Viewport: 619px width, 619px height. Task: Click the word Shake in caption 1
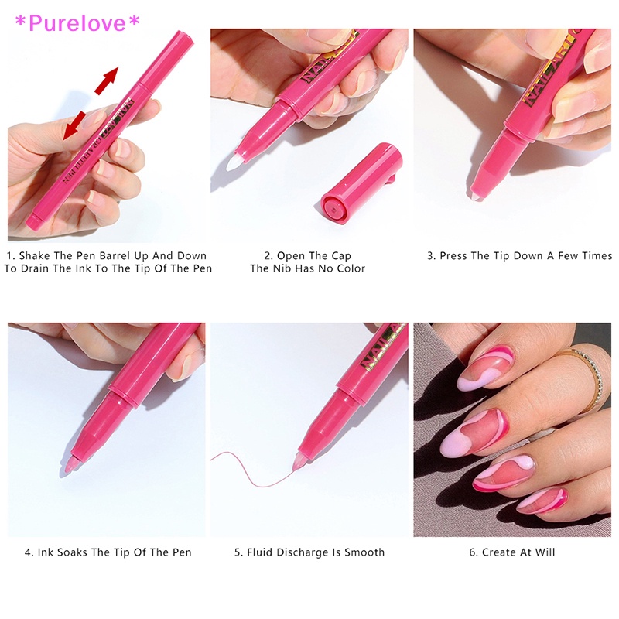[36, 255]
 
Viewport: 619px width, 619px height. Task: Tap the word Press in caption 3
[456, 255]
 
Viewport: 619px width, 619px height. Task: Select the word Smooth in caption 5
[364, 552]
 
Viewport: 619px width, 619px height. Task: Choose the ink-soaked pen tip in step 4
[69, 466]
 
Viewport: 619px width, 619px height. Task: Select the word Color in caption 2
[348, 268]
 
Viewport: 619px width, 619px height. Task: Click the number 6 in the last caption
[473, 552]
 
